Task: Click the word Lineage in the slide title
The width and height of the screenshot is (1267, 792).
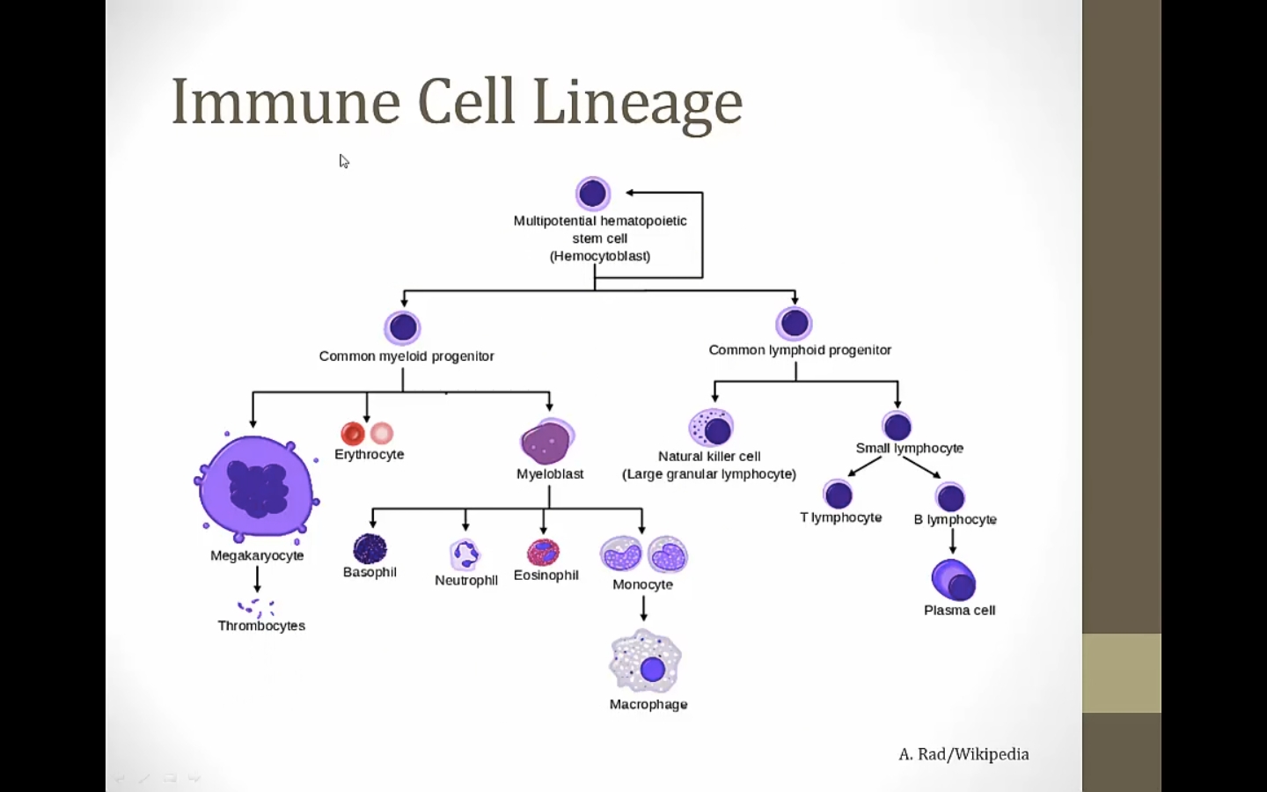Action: click(637, 102)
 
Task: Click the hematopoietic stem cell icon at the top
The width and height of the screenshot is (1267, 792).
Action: click(593, 194)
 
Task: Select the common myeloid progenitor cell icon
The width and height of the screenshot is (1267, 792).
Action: click(403, 327)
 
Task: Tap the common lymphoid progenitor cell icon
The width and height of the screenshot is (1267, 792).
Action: click(795, 323)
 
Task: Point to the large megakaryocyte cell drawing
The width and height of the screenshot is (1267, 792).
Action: click(256, 487)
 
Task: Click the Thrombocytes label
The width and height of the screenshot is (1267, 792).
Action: click(261, 626)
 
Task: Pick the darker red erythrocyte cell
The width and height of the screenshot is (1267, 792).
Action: click(353, 433)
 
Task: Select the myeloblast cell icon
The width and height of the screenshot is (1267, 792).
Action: click(547, 442)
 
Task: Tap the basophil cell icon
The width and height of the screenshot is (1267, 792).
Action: click(370, 548)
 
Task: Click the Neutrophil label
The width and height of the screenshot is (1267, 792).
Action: click(466, 580)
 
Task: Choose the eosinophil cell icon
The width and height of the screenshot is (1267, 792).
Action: click(544, 552)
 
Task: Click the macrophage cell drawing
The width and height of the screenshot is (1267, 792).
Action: click(646, 663)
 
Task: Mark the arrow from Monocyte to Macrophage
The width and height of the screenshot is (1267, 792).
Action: click(643, 608)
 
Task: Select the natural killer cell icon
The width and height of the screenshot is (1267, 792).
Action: click(711, 429)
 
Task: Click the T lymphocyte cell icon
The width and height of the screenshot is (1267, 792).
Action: click(838, 495)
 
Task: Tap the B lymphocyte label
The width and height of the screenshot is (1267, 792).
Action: click(955, 519)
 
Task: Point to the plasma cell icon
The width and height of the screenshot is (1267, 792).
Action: click(954, 580)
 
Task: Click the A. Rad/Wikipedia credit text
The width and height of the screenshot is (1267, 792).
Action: click(963, 754)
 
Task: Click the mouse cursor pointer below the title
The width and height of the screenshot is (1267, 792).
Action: click(344, 161)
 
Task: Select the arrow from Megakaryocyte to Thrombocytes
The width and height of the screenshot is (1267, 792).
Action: click(257, 579)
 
